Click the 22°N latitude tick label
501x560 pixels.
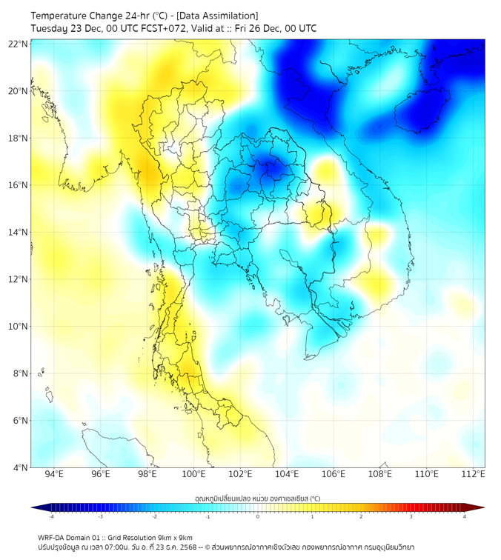coord(19,44)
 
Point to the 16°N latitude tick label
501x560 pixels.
coord(19,185)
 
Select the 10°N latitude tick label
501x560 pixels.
coord(19,326)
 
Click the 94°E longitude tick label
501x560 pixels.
coord(53,474)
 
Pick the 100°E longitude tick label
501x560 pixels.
coord(193,474)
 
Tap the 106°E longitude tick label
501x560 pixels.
coord(334,474)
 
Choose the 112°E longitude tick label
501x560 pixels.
coord(474,474)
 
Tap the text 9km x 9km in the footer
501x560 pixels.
coord(172,537)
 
